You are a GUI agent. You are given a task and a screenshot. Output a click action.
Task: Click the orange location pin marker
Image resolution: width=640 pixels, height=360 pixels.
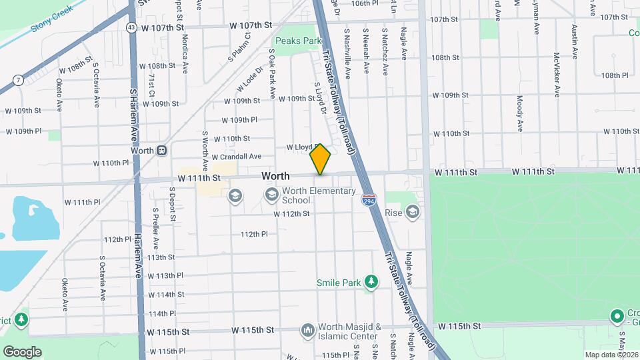pyautogui.click(x=321, y=159)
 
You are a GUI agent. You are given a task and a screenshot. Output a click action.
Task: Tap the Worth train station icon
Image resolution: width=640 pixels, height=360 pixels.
pyautogui.click(x=162, y=151)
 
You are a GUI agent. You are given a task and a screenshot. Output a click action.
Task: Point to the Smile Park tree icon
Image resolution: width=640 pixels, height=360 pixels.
pyautogui.click(x=371, y=283)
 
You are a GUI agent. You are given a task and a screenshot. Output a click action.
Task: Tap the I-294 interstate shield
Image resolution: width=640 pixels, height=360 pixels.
pyautogui.click(x=368, y=199)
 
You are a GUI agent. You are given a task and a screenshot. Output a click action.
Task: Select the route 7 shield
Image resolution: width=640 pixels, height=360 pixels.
pyautogui.click(x=19, y=80)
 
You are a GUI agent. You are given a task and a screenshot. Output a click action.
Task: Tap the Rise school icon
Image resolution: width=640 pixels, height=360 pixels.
pyautogui.click(x=413, y=213)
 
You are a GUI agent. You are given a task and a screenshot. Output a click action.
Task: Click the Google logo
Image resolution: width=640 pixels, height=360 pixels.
pyautogui.click(x=22, y=352)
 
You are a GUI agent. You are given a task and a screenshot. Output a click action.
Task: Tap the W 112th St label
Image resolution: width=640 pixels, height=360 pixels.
pyautogui.click(x=291, y=214)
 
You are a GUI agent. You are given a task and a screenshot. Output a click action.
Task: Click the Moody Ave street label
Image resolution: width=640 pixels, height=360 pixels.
pyautogui.click(x=520, y=112)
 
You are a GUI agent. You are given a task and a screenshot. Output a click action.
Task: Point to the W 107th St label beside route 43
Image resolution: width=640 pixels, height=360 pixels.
pyautogui.click(x=161, y=28)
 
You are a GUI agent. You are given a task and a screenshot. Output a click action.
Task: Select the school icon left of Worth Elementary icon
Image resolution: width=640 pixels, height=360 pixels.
pyautogui.click(x=234, y=195)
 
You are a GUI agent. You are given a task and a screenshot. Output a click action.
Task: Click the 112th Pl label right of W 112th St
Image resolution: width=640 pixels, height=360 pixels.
pyautogui.click(x=253, y=234)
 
